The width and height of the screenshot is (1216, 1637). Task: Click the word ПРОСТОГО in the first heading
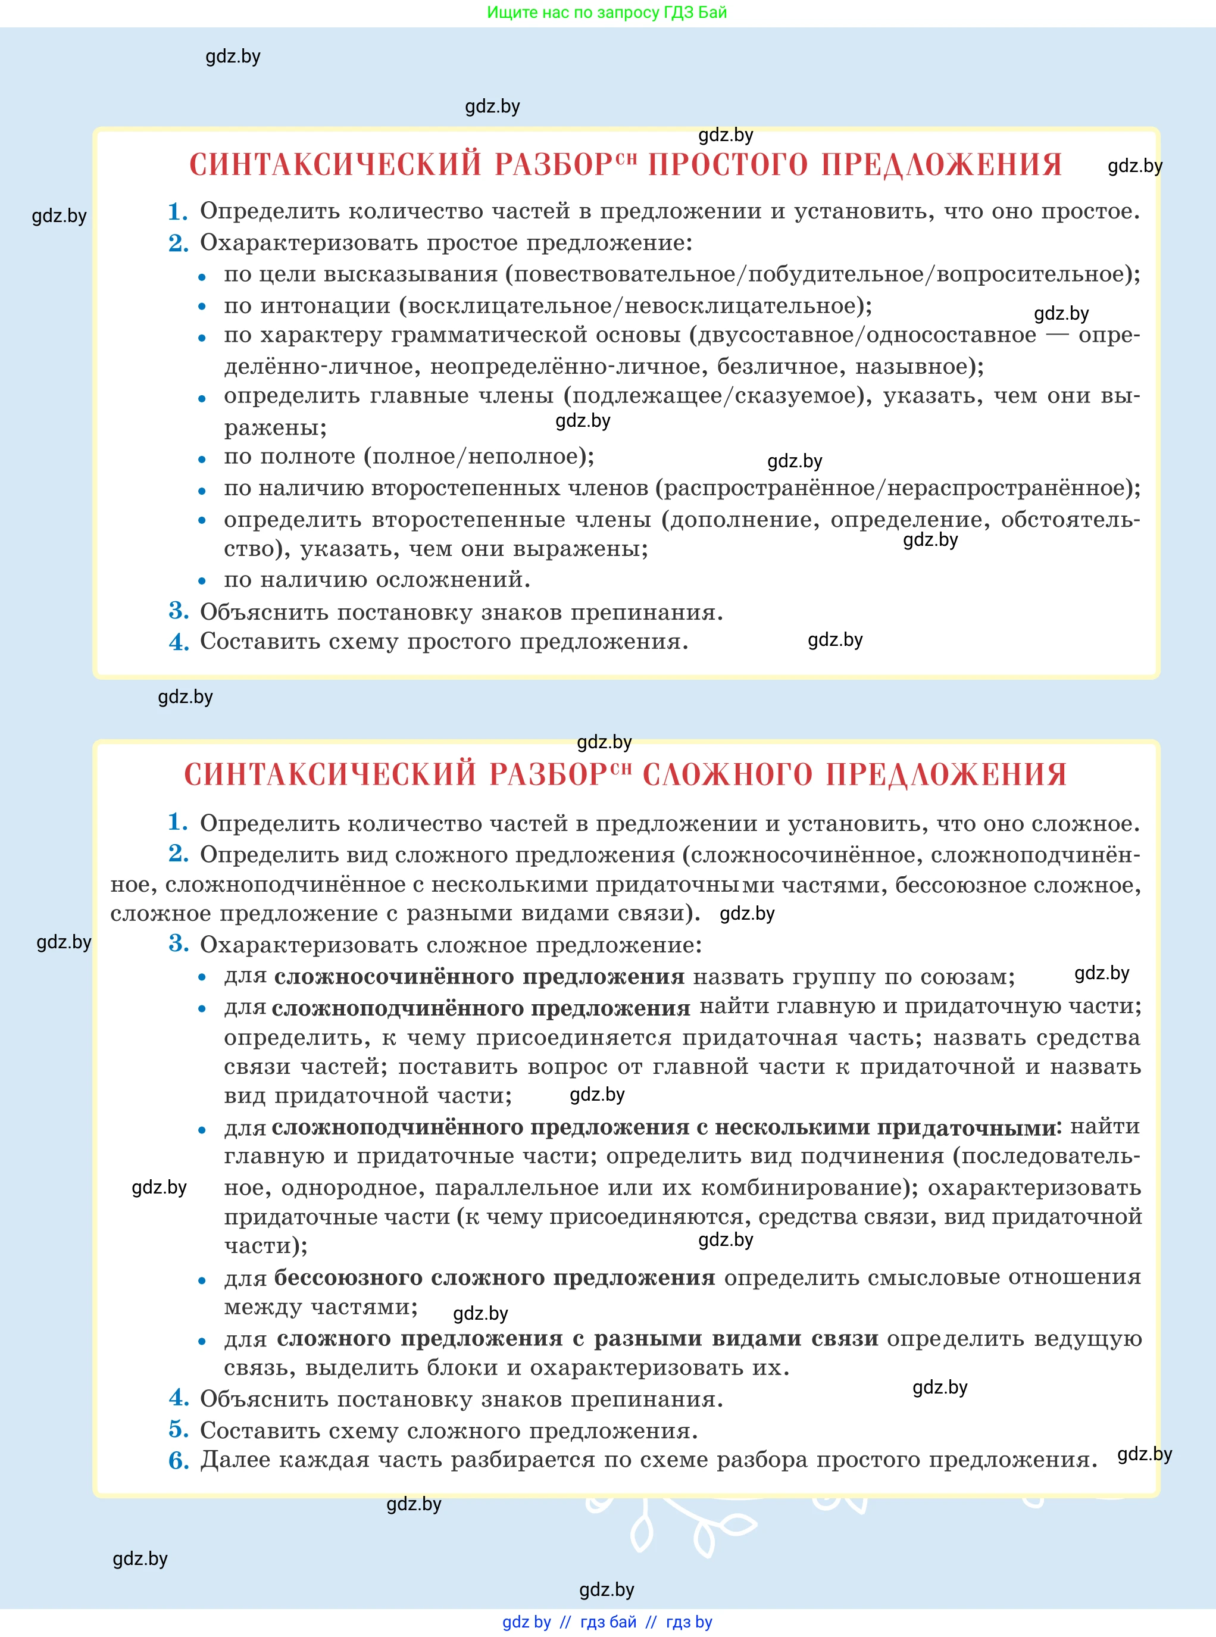[x=727, y=165]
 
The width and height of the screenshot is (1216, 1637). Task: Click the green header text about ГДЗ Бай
[x=607, y=13]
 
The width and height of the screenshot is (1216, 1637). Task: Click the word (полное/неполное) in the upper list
[x=479, y=457]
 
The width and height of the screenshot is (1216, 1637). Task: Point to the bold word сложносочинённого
[x=394, y=977]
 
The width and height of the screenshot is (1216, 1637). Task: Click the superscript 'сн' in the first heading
[x=626, y=157]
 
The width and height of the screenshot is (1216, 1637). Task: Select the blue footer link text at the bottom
[x=607, y=1622]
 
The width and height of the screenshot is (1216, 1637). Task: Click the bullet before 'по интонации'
[x=202, y=308]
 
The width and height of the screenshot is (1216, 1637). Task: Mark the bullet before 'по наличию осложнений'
[x=202, y=582]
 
